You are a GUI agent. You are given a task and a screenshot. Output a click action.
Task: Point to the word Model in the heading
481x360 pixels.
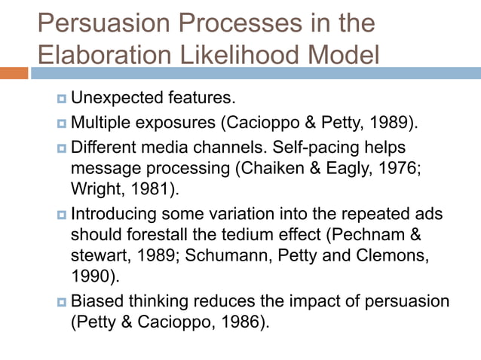(342, 55)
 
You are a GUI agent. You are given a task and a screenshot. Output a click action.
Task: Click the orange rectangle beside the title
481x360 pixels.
(14, 73)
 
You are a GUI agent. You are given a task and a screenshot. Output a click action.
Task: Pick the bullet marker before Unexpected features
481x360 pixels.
(60, 99)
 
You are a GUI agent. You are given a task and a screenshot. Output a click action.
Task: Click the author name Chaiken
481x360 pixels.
(265, 166)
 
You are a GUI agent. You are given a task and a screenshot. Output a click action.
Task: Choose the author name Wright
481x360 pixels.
(93, 186)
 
